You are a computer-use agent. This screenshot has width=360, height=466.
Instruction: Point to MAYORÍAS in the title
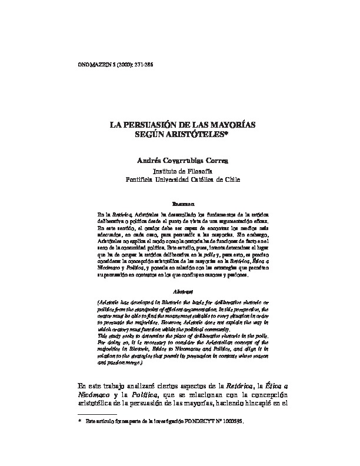(x=225, y=126)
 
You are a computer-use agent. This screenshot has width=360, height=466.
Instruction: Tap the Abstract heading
(x=179, y=291)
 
